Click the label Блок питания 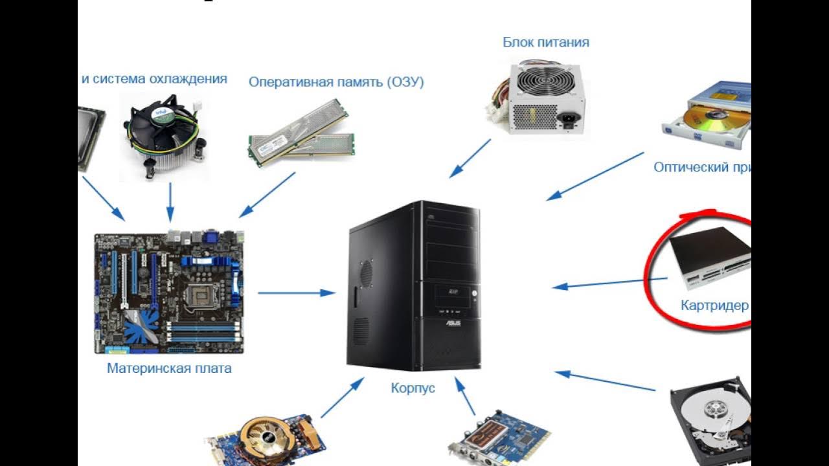tap(546, 43)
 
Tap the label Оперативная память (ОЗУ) tap(336, 82)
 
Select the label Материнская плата tap(169, 369)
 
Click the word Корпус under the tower tap(413, 388)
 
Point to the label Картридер tap(714, 305)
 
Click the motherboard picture tap(169, 293)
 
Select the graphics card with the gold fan tap(266, 440)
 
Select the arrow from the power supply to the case tap(471, 157)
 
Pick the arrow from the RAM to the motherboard tap(267, 194)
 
